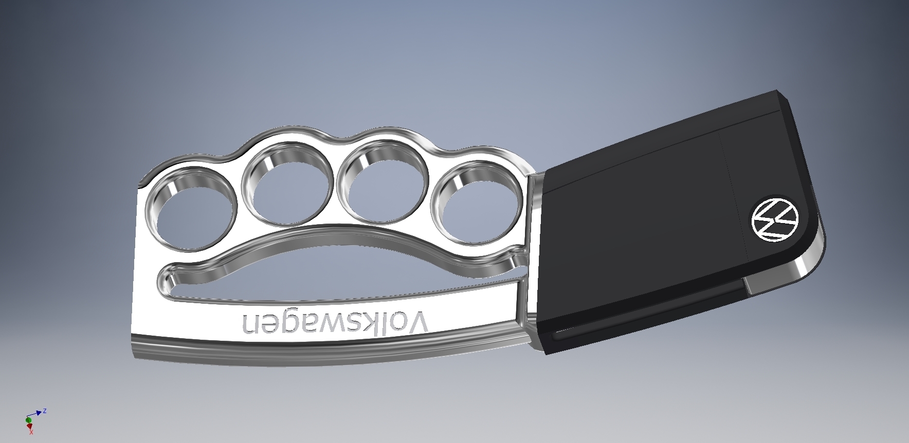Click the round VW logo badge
(774, 219)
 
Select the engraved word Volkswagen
(335, 322)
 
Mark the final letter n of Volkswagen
(251, 323)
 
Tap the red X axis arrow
(29, 426)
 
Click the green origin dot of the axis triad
(28, 420)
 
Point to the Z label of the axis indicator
(45, 411)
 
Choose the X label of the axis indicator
(31, 434)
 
